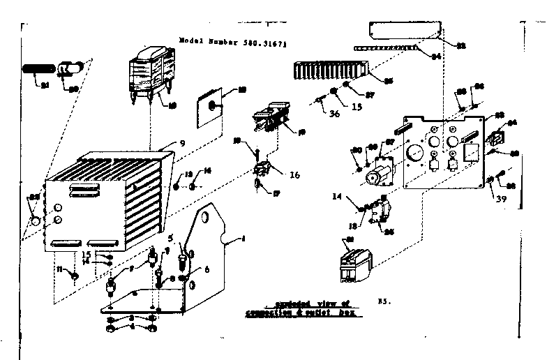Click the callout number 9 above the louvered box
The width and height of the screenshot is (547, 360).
(x=181, y=144)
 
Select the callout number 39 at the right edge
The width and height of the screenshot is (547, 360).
(x=500, y=200)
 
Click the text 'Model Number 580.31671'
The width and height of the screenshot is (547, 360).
(x=233, y=42)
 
